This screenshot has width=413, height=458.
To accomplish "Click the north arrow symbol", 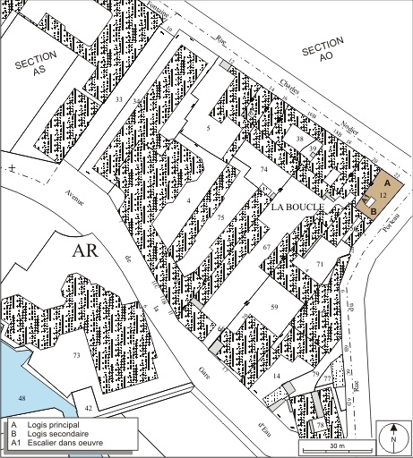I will [x=391, y=439].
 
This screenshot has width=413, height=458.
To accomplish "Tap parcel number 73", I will [x=77, y=356].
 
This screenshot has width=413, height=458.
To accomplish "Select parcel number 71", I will [x=320, y=264].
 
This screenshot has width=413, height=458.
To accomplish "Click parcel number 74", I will [x=263, y=169].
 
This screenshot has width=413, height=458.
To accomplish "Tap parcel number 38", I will [x=301, y=141].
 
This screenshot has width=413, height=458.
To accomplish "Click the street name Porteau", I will [x=389, y=222].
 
